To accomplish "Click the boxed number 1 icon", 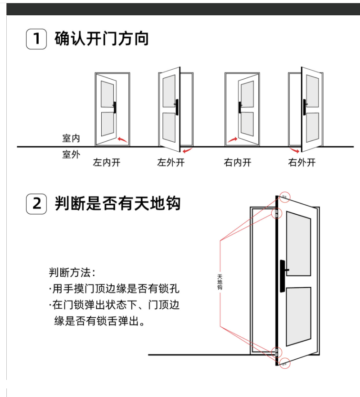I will pos(36,39).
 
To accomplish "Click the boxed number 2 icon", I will pos(36,203).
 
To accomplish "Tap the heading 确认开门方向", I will pos(102,39).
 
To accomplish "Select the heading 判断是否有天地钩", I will pos(117,203).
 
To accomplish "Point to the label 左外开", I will pos(171,162).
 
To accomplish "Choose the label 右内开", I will pos(237,162).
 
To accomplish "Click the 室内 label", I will pos(71,138).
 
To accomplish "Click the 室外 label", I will pos(71,154).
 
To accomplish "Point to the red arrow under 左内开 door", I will pos(121,140).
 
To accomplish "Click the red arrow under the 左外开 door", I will pos(188,149).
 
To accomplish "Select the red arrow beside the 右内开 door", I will pos(232,140).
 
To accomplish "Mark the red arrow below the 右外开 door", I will pos(294,150).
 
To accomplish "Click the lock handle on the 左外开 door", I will pos(177,107).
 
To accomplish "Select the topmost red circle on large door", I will pos(284,196).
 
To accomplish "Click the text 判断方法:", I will pos(72,272).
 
